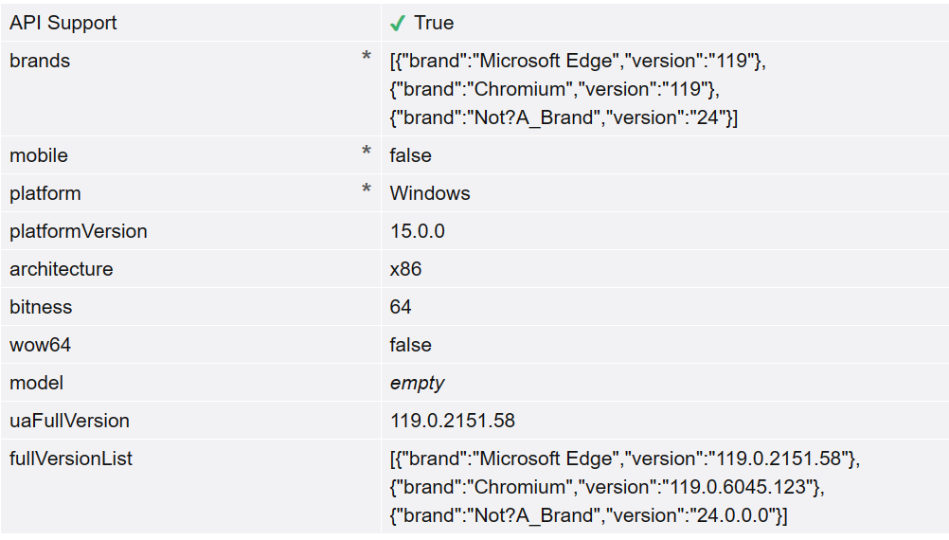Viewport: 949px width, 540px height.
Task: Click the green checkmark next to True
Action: pos(398,23)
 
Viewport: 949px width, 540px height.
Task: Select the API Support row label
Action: pos(63,23)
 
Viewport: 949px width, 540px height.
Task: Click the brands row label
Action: pos(40,61)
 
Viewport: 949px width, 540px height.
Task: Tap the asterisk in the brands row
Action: pos(366,59)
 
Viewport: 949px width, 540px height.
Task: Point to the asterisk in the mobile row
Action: pos(366,153)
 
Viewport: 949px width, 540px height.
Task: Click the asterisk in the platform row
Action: pos(366,190)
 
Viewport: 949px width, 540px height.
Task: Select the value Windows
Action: pos(430,193)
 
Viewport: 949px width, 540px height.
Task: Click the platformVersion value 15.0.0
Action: pos(418,231)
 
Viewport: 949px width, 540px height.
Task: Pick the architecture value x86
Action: pos(406,269)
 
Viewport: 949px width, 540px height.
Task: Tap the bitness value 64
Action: pos(401,307)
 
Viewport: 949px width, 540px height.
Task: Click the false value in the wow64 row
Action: pos(410,345)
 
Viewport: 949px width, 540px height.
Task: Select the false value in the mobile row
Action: pos(410,155)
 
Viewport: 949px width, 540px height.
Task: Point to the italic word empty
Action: pos(417,383)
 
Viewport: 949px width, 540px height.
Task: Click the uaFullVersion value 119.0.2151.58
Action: pos(453,421)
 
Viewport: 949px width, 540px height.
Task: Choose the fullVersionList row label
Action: pos(71,459)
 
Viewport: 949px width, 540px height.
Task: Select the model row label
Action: pos(37,383)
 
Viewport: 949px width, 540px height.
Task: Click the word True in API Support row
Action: pos(434,23)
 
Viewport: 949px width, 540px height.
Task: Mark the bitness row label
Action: pos(41,307)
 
